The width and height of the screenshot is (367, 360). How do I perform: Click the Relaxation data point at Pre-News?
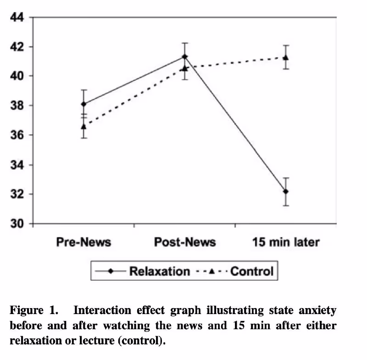pos(83,104)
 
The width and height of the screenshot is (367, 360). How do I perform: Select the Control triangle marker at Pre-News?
pos(83,126)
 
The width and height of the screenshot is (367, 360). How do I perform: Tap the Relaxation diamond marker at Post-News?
pos(184,57)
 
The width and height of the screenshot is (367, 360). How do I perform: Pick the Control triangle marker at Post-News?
pos(184,68)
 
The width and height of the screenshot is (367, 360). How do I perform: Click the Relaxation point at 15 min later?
pos(285,191)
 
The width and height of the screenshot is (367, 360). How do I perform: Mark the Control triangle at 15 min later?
pos(285,57)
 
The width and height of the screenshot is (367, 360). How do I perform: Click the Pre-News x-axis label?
pos(83,242)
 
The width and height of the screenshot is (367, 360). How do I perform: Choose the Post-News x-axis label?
pos(184,242)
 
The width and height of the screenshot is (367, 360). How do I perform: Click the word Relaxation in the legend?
pos(159,271)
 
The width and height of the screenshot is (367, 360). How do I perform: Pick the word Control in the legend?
pos(251,271)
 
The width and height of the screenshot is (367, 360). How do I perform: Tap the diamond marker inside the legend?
pos(111,271)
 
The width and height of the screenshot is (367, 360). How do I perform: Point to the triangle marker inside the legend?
pos(211,271)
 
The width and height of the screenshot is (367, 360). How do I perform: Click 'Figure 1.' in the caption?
pos(34,311)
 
